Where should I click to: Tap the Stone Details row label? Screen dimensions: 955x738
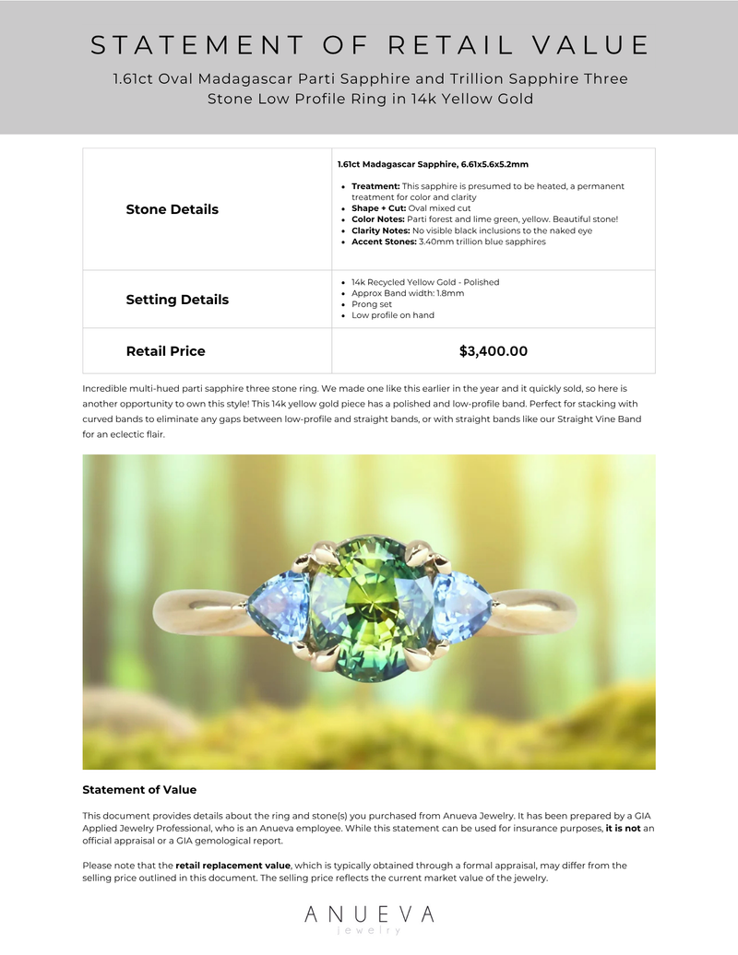[172, 209]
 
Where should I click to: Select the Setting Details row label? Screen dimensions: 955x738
[177, 300]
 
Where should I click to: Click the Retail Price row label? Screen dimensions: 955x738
[165, 351]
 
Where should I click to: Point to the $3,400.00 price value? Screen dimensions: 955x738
[494, 351]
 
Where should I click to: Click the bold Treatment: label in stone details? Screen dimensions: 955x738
[375, 186]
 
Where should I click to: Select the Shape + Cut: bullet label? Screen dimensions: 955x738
[378, 208]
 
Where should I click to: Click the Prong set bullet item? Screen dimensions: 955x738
[372, 304]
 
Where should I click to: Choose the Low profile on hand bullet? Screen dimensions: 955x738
[392, 315]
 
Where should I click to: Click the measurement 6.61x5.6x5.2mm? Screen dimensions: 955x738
[494, 164]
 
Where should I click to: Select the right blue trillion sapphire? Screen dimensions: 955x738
[461, 605]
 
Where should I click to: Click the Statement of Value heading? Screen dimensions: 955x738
[139, 790]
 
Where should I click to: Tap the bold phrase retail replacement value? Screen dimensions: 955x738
[232, 866]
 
